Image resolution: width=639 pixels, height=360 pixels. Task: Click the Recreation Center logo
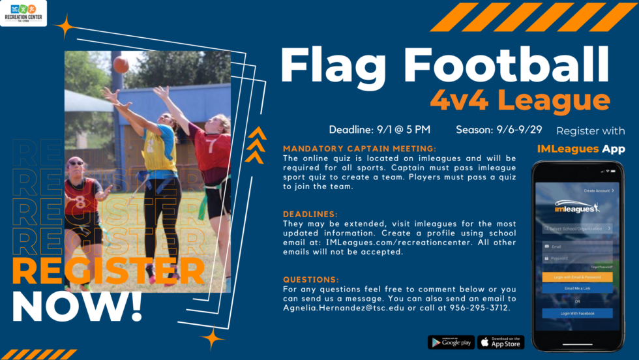click(23, 13)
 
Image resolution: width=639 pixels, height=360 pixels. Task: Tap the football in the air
click(121, 65)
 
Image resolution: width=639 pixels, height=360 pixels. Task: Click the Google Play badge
click(451, 342)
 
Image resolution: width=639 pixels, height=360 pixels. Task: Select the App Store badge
click(501, 342)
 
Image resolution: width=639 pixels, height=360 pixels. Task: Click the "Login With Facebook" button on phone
click(577, 313)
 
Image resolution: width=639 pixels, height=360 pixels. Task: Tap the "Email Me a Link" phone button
click(577, 288)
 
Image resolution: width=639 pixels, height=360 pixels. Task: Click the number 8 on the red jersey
click(80, 202)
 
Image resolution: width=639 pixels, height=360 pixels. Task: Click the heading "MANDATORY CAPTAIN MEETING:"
click(360, 149)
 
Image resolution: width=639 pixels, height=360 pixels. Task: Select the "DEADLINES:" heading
click(310, 214)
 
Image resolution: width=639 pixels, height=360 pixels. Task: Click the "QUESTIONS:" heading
click(310, 278)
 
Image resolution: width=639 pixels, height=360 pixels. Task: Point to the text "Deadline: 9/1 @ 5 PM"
click(379, 129)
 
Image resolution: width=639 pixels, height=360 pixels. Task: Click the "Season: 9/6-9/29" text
click(501, 129)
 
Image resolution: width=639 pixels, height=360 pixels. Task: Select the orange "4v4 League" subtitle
click(520, 100)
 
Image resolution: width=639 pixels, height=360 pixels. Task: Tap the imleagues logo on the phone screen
click(577, 208)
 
